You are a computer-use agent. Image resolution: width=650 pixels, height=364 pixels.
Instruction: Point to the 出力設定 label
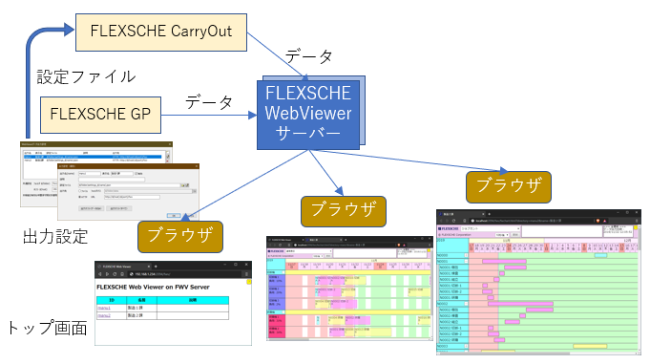tap(55, 235)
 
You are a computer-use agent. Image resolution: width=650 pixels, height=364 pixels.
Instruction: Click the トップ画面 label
tap(47, 328)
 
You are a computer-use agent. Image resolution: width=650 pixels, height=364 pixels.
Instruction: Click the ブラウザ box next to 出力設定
tap(180, 235)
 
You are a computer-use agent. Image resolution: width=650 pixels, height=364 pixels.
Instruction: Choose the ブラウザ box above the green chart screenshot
tap(508, 185)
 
